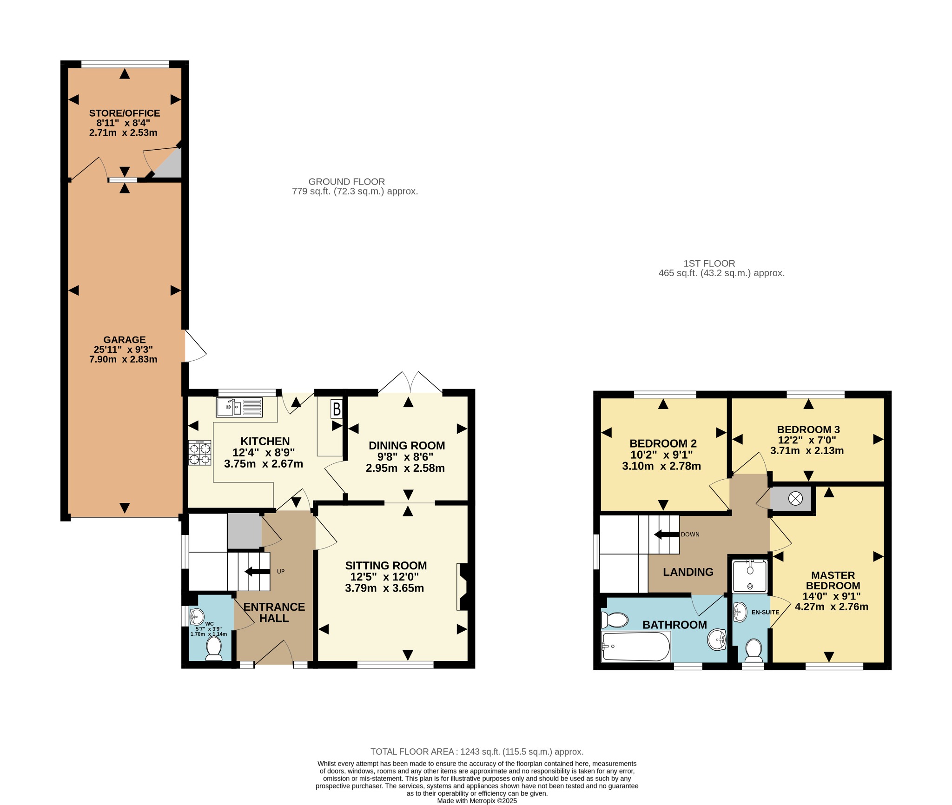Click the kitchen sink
click(x=239, y=407)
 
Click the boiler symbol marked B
click(x=337, y=409)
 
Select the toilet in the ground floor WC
click(x=214, y=648)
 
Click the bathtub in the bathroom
click(x=635, y=647)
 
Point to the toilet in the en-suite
click(x=753, y=651)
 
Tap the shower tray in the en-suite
click(x=749, y=576)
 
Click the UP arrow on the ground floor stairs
click(x=257, y=572)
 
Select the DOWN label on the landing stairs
click(x=690, y=534)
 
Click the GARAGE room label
click(x=125, y=340)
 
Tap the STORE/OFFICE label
click(x=125, y=113)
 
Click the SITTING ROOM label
click(x=386, y=566)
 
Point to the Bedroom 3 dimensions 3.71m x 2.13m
click(x=807, y=450)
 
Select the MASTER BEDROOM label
click(x=833, y=581)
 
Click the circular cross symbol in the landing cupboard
click(x=795, y=499)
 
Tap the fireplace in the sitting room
click(x=462, y=587)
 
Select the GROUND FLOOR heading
click(x=347, y=182)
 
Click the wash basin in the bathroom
click(x=717, y=640)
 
